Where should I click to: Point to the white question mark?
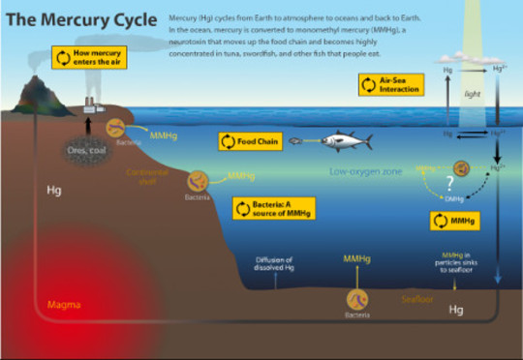point(447,183)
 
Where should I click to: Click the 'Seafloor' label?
point(418,300)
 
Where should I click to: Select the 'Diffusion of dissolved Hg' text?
point(274,263)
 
